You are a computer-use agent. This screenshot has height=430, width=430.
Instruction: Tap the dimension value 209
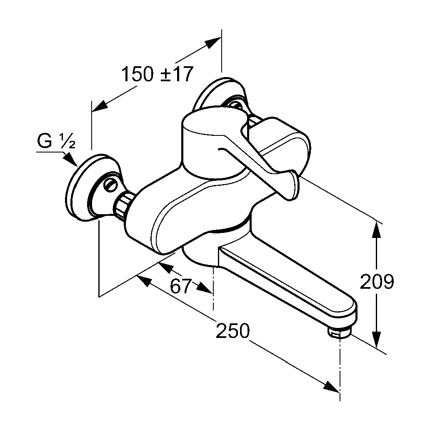click(x=377, y=281)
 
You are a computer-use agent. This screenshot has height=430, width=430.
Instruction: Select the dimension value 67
click(x=180, y=286)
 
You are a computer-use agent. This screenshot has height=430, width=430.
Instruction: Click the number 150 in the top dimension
click(x=137, y=74)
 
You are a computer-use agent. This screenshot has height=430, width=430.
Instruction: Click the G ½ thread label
click(x=56, y=141)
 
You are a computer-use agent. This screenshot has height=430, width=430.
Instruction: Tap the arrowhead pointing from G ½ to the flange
click(x=71, y=160)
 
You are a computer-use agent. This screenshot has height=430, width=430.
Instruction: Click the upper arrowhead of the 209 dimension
click(x=377, y=230)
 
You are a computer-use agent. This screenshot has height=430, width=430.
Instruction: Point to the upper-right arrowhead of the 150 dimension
click(x=213, y=42)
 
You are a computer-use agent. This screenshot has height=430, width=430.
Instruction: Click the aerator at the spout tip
click(x=339, y=332)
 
